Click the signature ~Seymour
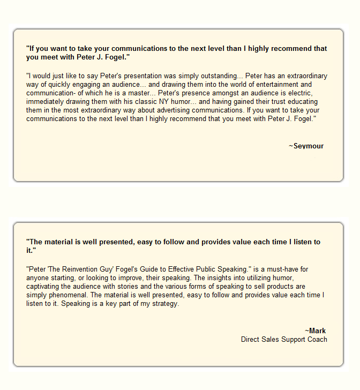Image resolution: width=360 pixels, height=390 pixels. click(x=306, y=146)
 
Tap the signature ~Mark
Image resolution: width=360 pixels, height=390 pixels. click(x=316, y=331)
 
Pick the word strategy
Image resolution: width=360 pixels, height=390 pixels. click(x=166, y=304)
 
